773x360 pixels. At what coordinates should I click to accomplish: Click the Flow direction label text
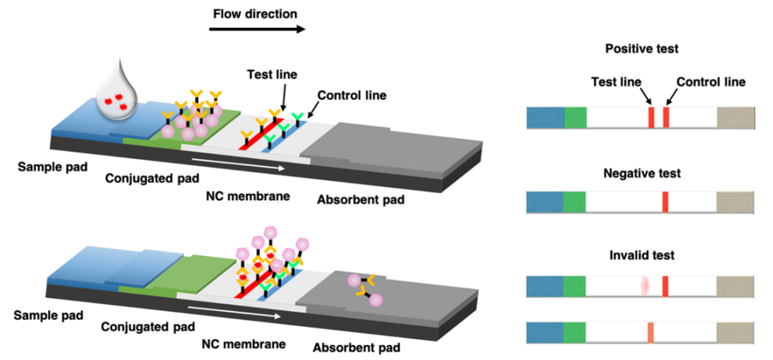(255, 14)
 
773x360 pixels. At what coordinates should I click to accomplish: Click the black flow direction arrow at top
(257, 29)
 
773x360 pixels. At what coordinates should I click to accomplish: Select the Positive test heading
(642, 49)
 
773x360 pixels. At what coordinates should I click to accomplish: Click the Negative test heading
(642, 174)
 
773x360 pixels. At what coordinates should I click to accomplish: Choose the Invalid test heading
(642, 255)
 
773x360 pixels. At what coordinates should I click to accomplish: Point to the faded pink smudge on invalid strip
(644, 287)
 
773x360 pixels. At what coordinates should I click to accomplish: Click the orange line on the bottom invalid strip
(651, 332)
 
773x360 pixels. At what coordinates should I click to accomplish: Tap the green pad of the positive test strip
(575, 118)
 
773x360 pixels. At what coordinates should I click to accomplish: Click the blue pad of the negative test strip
(545, 203)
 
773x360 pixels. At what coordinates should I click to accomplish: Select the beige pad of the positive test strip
(735, 118)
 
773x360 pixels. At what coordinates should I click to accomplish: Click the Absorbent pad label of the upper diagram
(360, 200)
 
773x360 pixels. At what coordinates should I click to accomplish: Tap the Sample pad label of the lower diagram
(48, 315)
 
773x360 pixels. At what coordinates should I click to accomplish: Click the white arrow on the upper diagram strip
(238, 163)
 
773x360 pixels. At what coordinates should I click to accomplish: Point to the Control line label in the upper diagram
(352, 95)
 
